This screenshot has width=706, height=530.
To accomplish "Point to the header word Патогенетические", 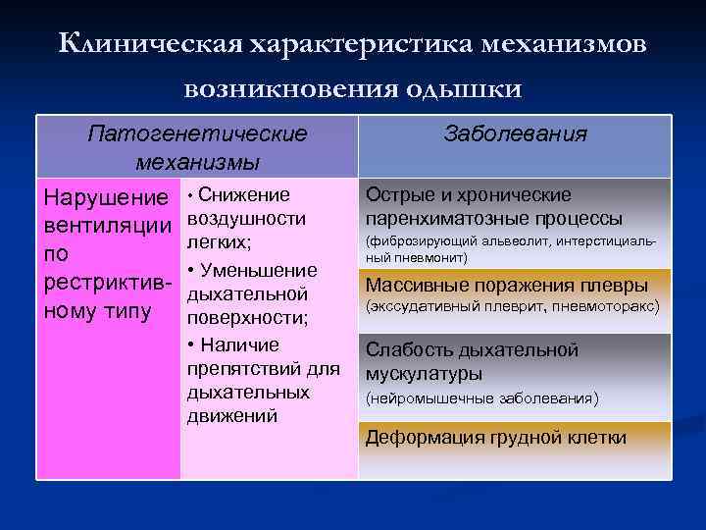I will (196, 133).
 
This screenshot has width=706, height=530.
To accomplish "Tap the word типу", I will (130, 312).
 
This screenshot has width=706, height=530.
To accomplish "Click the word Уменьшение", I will (258, 270).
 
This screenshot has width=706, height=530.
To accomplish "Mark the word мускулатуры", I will (423, 374).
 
